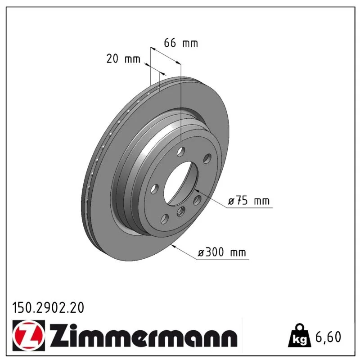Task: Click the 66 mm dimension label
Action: tap(181, 43)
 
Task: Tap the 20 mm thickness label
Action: tap(123, 59)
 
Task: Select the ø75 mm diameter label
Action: tap(249, 201)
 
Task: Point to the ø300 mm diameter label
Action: tap(222, 252)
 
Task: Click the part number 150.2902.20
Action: tap(48, 308)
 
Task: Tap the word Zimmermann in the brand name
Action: tap(143, 335)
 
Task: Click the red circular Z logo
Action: tap(29, 335)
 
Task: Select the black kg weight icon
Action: tap(300, 336)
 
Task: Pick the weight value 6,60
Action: tap(328, 337)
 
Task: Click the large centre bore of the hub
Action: tap(181, 183)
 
